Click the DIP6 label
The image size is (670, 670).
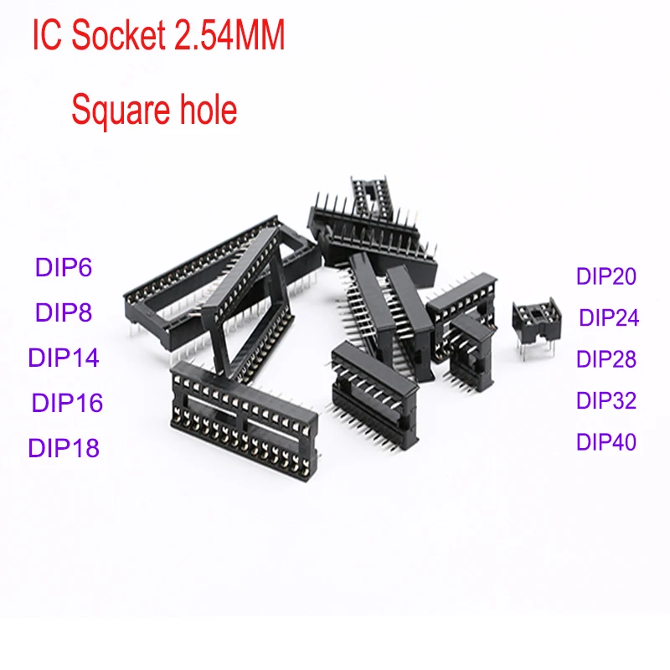(x=64, y=267)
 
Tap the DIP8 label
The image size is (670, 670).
(x=64, y=312)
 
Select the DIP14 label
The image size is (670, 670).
(x=64, y=358)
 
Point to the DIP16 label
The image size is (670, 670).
(x=68, y=403)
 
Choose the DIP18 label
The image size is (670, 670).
(x=64, y=448)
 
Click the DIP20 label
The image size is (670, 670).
(x=606, y=276)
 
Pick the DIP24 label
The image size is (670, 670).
(x=609, y=317)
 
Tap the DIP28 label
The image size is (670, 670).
(x=606, y=359)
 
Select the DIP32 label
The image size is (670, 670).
(x=606, y=400)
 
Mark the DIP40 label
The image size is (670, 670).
(x=606, y=442)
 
